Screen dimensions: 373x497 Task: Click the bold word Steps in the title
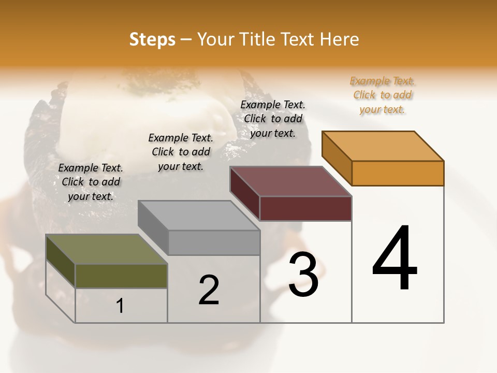(x=152, y=40)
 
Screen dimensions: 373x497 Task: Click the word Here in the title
(x=340, y=40)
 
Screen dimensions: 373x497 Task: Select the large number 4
(x=394, y=259)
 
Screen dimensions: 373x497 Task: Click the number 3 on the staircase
(x=303, y=275)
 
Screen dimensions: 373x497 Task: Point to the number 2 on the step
(x=209, y=290)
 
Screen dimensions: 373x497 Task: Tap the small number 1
(x=120, y=306)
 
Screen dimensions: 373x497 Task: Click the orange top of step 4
(x=383, y=146)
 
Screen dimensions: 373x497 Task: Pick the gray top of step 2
(x=199, y=215)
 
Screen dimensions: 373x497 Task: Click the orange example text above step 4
(x=382, y=95)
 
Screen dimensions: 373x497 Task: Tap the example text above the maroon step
(x=273, y=119)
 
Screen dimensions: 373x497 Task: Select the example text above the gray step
(x=181, y=152)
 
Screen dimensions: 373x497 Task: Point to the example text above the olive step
(x=91, y=182)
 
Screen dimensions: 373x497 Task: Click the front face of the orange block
(x=398, y=173)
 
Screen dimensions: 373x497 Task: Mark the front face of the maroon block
(x=305, y=209)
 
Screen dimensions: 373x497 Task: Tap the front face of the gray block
(x=214, y=242)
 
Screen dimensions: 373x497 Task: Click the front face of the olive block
(x=121, y=276)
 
